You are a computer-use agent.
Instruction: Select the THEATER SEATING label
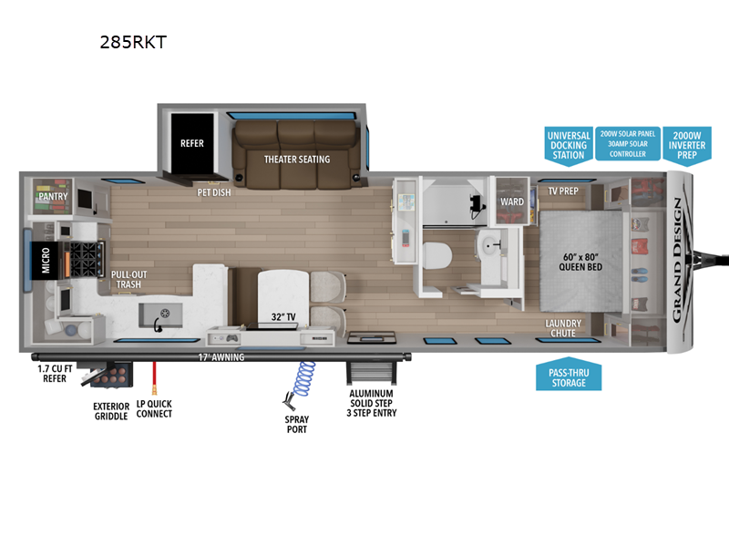point(297,160)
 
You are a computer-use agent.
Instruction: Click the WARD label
point(512,201)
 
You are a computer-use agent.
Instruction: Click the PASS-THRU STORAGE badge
point(568,377)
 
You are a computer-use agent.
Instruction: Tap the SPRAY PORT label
point(295,424)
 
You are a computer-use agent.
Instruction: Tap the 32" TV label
point(282,316)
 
